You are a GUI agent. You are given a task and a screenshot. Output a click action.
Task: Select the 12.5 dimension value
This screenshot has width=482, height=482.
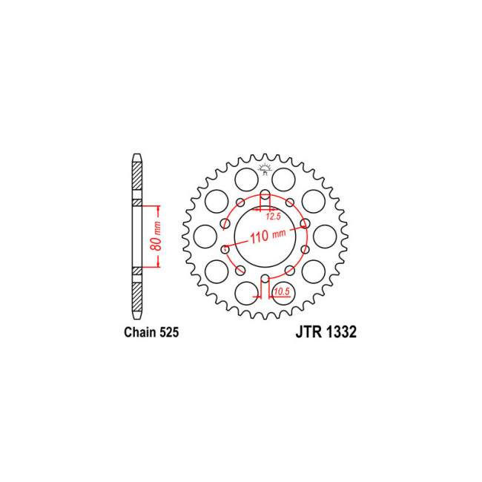[x=273, y=217]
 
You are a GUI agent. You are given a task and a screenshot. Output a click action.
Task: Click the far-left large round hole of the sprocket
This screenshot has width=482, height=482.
[x=202, y=236]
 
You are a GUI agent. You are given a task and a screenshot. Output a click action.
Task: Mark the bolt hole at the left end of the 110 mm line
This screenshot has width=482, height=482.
[x=225, y=249]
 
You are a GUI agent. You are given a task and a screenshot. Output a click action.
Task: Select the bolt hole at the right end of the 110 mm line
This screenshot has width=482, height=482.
[x=304, y=222]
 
